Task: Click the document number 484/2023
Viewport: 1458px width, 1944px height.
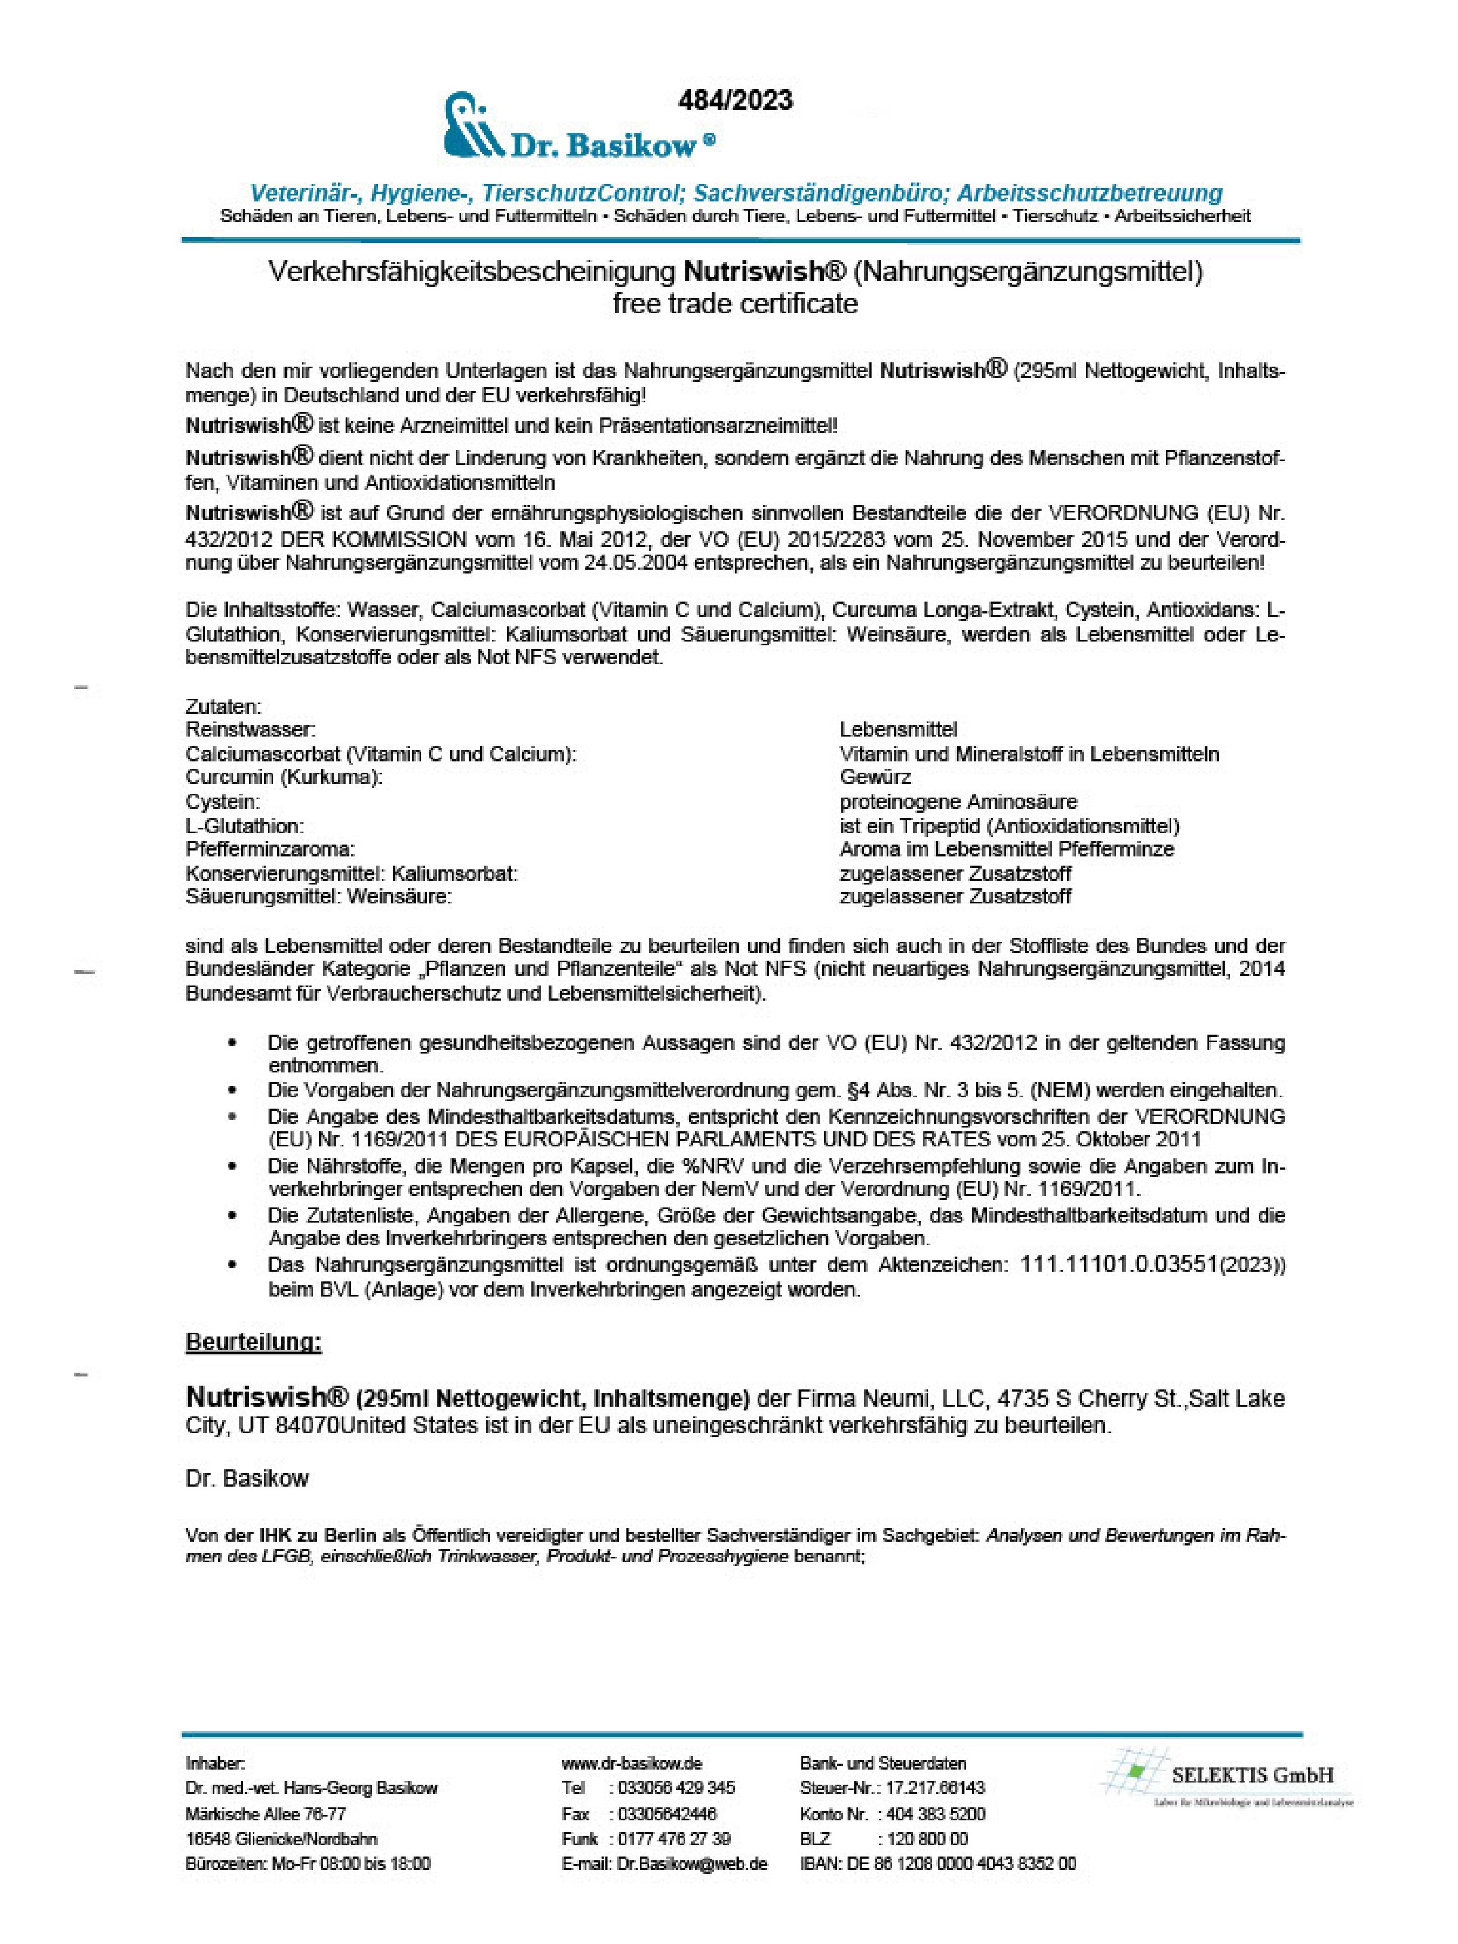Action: point(735,101)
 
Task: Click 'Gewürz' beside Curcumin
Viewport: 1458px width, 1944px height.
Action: point(875,777)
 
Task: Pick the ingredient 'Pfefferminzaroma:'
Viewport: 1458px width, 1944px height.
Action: point(270,849)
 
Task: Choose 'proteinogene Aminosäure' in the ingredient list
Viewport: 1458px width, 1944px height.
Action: point(958,801)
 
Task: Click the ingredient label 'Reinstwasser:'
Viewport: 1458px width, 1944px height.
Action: point(251,730)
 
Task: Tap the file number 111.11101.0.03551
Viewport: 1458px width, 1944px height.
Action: point(1119,1265)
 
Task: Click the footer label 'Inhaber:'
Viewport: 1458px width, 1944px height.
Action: point(215,1764)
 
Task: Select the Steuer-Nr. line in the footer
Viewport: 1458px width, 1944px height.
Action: point(892,1788)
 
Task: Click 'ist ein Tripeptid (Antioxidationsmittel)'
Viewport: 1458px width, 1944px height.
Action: point(1009,826)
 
